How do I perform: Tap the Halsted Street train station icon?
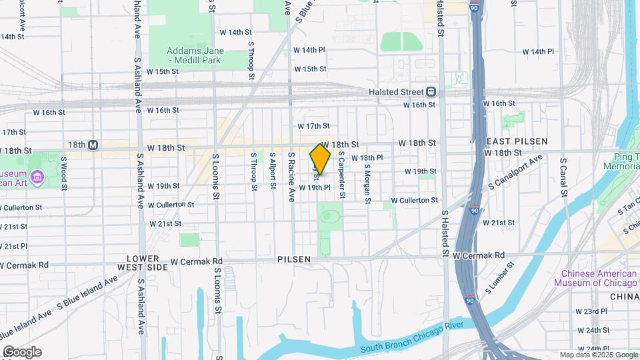click(431, 92)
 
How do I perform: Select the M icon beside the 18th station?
click(93, 145)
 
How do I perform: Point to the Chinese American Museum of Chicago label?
click(599, 278)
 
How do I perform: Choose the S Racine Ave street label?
click(291, 177)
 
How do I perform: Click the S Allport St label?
click(273, 171)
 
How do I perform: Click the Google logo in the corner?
click(21, 352)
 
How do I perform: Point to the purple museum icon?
click(37, 177)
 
